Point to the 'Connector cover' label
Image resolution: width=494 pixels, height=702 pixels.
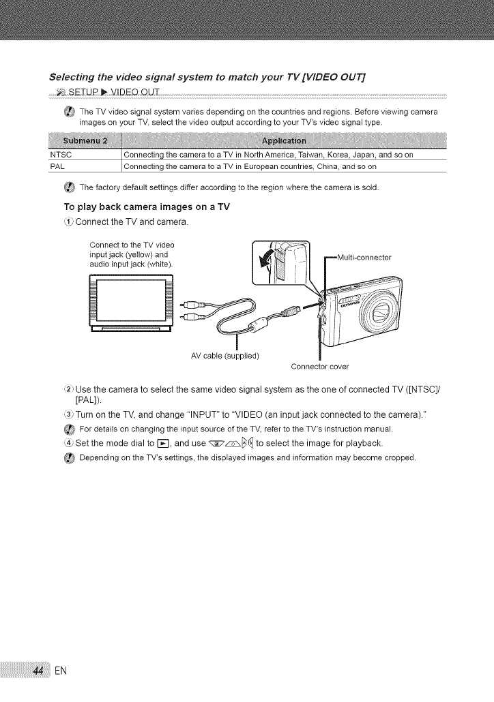tap(319, 367)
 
